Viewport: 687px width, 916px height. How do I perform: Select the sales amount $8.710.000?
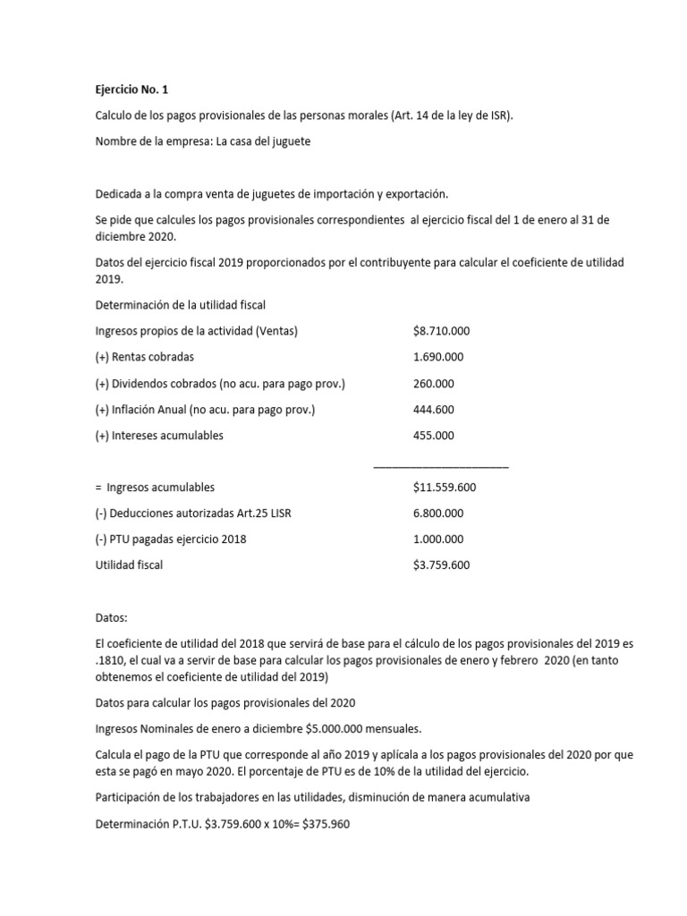click(441, 331)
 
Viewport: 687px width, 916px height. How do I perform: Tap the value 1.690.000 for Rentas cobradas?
click(433, 357)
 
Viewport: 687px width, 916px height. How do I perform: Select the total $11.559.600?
click(444, 488)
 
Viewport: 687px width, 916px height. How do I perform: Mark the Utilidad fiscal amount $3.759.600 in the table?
click(441, 565)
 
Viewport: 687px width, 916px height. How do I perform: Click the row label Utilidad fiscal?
click(129, 565)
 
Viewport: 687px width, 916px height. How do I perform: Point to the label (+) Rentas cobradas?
click(144, 357)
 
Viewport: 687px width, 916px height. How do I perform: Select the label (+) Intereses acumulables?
click(159, 436)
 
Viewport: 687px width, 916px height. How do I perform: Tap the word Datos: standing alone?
click(112, 617)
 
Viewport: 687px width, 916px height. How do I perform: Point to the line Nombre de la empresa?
click(202, 142)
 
